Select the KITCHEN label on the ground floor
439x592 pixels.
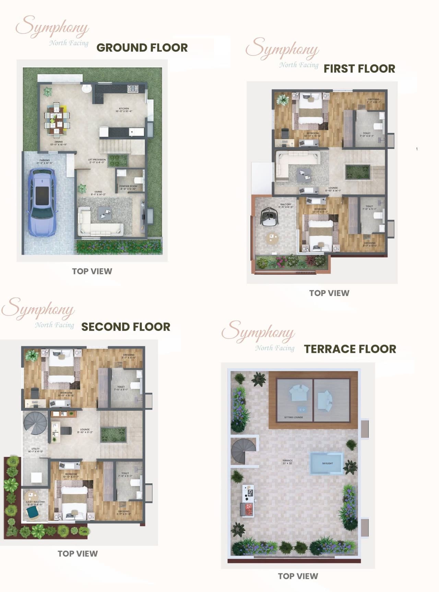pos(124,110)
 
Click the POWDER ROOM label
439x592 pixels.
pos(128,187)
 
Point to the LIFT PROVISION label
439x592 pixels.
pos(97,161)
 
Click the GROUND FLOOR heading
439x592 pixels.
pos(142,48)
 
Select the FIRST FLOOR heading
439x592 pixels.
pos(359,69)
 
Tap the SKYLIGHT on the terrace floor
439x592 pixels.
pos(327,463)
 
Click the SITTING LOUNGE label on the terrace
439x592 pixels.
pos(294,417)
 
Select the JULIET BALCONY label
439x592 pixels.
pos(35,503)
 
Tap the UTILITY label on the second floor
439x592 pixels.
pos(35,450)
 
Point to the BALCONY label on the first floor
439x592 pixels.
pos(286,205)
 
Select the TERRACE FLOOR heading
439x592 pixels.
pos(350,349)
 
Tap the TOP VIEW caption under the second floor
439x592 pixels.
pos(78,554)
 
